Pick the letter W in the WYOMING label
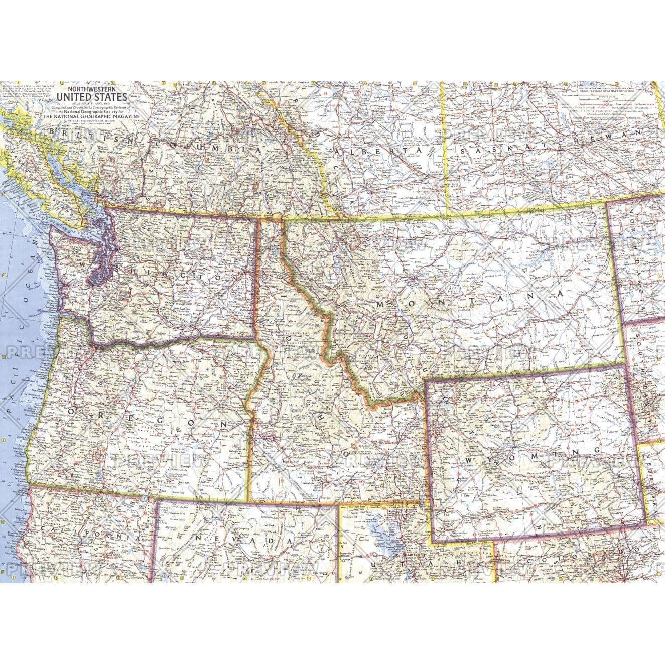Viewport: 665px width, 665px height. (x=470, y=461)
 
